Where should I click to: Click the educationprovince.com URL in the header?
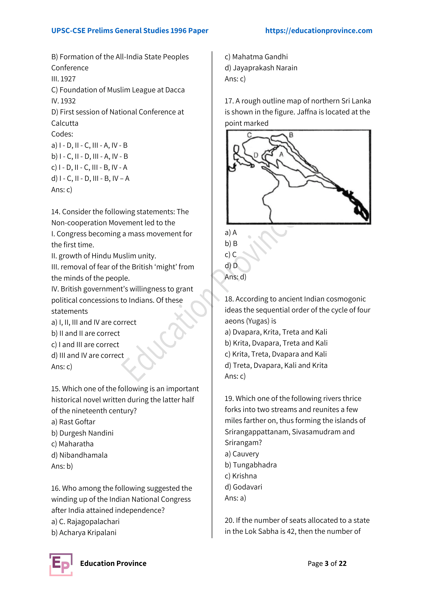click(319, 31)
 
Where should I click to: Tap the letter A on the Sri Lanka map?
click(281, 154)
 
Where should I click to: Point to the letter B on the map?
click(291, 135)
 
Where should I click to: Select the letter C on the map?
click(249, 135)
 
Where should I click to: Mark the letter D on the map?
click(256, 155)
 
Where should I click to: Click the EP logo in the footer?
click(61, 564)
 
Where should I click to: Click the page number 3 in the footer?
click(327, 563)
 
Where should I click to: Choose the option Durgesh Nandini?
click(83, 433)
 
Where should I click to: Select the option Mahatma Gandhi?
click(256, 57)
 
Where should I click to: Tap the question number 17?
click(229, 101)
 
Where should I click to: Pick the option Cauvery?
click(242, 454)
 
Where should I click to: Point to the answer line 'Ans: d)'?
click(235, 277)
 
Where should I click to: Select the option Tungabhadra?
click(251, 465)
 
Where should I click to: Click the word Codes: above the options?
click(62, 134)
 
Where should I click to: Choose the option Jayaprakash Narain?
click(261, 68)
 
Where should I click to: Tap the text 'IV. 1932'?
click(63, 101)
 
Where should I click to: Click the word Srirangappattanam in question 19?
click(257, 432)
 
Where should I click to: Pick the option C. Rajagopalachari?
click(85, 522)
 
